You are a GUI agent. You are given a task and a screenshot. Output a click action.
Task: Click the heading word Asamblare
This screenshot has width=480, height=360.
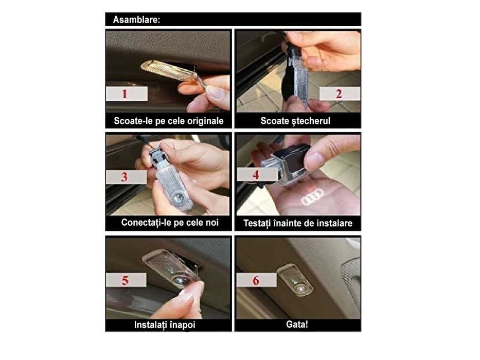point(136,20)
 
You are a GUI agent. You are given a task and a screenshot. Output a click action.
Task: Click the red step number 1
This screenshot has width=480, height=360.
point(125,94)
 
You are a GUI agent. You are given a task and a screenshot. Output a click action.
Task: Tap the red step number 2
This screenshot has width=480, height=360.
point(339,94)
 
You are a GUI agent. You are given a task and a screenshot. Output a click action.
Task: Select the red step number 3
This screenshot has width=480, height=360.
point(125,177)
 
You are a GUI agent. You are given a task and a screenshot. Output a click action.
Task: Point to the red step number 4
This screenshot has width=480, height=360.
point(256,175)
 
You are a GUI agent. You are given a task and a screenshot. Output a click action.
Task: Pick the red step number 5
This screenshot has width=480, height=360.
point(125,280)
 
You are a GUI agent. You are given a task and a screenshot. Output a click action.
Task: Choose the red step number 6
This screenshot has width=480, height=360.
point(256,280)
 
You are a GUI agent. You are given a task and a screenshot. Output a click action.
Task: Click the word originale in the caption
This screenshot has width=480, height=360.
point(205,121)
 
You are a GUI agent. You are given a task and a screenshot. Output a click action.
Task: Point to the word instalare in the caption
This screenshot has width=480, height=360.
point(334,223)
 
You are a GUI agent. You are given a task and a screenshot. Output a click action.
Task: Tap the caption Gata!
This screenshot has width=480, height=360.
point(297,325)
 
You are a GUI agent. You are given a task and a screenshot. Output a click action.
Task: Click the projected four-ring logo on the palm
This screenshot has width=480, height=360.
point(312,196)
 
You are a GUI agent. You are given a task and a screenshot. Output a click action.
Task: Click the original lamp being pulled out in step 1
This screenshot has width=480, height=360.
point(172,73)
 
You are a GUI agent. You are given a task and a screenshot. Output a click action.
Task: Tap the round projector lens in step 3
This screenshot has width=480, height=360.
point(177,200)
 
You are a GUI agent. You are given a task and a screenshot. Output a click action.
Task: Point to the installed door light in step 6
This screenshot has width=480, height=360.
point(294,279)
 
